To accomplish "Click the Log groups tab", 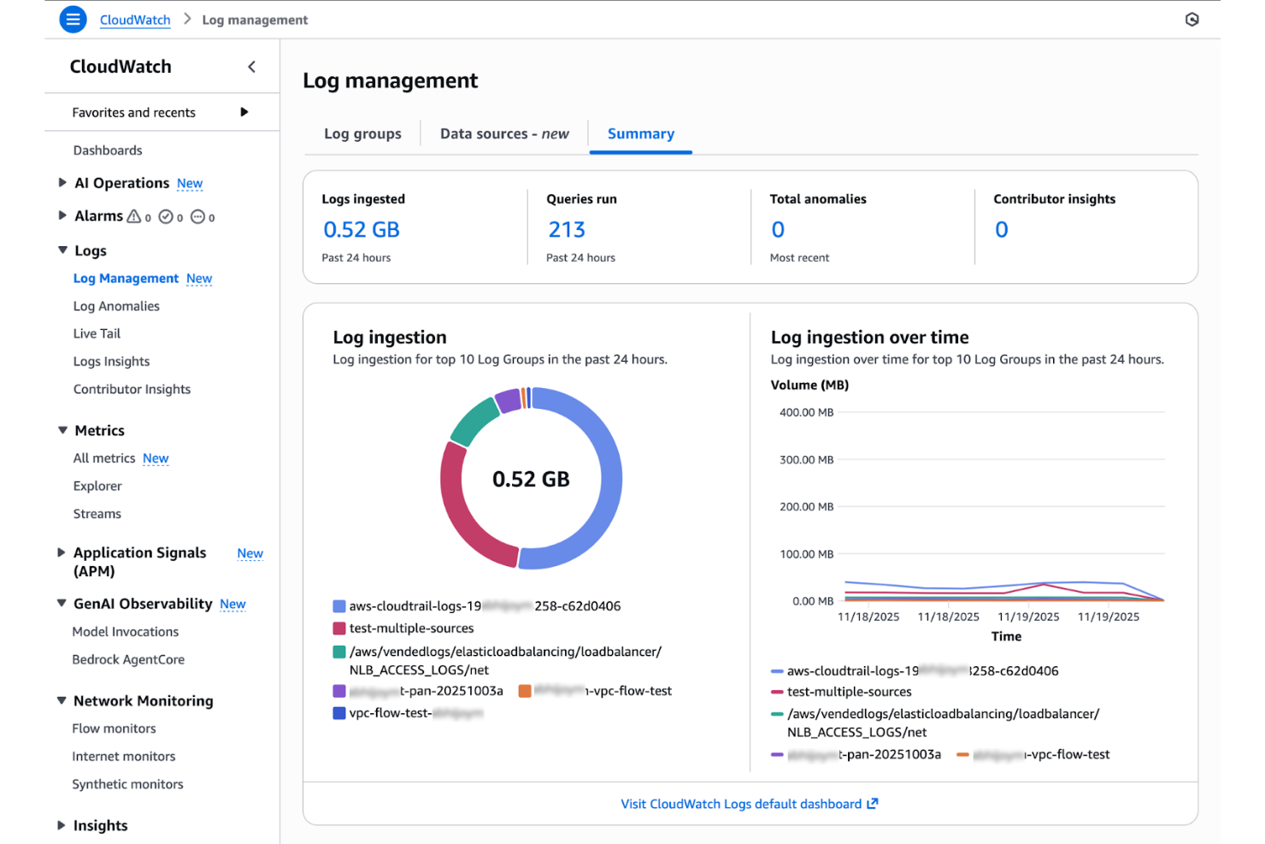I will [362, 133].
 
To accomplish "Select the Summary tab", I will [640, 133].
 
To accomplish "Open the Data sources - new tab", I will [504, 133].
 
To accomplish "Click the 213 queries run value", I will [567, 229].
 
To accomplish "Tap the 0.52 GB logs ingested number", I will [362, 229].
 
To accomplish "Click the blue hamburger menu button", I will [74, 19].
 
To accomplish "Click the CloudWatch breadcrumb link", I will [135, 20].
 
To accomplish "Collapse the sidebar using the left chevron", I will [251, 67].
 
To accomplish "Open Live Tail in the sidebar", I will [97, 333].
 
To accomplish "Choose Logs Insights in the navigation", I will [111, 361].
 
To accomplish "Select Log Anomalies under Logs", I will [116, 306].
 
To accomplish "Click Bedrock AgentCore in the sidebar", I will [128, 659].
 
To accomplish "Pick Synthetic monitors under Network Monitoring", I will [127, 784].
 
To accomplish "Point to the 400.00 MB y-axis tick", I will [806, 412].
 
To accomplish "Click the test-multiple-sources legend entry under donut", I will [411, 628].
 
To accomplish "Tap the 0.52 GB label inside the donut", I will [531, 479].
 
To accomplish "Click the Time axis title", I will [1006, 636].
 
